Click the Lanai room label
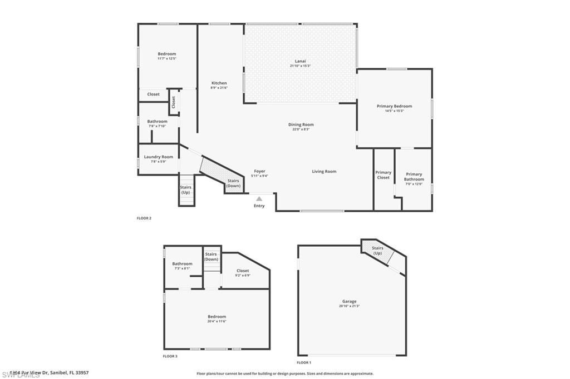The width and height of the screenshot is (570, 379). point(300,61)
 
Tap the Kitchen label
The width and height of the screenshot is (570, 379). point(219,83)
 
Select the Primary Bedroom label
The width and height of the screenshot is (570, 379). point(394,106)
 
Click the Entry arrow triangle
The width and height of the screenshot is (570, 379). point(259,198)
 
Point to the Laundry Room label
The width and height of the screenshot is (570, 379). point(159,157)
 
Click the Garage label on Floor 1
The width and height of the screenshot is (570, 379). point(349,301)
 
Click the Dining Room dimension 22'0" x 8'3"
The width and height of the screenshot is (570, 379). point(301,129)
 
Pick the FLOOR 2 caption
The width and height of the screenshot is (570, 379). point(144,218)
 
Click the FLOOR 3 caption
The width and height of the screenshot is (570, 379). point(170,356)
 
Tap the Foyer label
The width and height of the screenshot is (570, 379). point(259,171)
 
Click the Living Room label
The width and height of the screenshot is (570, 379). point(324,172)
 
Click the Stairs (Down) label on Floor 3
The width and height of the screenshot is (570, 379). point(211,257)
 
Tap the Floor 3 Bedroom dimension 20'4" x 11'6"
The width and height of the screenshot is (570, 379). point(217,321)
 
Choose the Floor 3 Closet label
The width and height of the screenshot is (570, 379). point(243,271)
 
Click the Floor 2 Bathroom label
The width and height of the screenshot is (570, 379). point(157,121)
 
